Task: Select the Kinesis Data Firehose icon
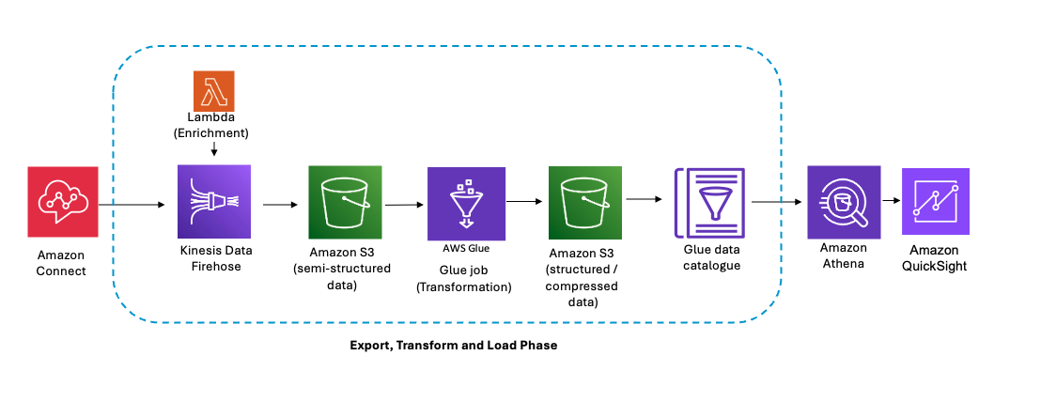(213, 201)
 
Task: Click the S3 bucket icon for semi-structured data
(345, 201)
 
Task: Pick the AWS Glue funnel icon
(466, 202)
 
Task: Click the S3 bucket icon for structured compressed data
(585, 201)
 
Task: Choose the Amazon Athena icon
(844, 201)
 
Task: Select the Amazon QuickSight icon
(937, 201)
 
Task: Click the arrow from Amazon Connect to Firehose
(136, 202)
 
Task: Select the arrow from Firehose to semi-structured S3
(278, 202)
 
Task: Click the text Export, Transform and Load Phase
(453, 346)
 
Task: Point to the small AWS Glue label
(466, 249)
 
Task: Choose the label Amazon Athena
(843, 255)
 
